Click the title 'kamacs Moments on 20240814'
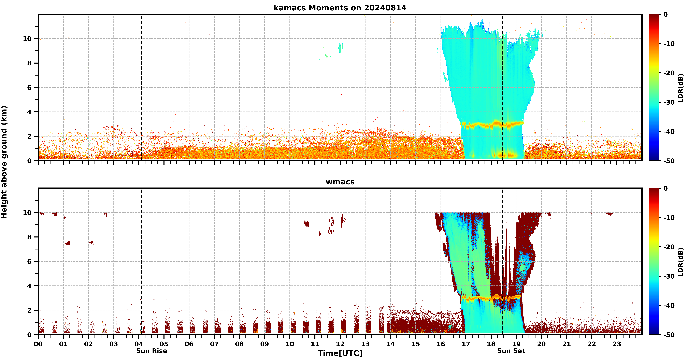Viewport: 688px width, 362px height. (x=340, y=8)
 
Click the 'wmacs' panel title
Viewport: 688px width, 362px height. (x=340, y=182)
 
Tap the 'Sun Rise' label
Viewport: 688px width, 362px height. (x=151, y=351)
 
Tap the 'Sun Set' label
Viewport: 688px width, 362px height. (x=511, y=351)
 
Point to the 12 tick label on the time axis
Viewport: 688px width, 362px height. (x=340, y=344)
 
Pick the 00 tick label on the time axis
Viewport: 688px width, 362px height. (x=38, y=344)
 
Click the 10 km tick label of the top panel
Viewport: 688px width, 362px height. (x=27, y=39)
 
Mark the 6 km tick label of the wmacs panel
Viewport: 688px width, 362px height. (x=29, y=261)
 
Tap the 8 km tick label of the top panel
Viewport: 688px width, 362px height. (x=29, y=63)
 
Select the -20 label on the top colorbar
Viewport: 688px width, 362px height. (x=669, y=73)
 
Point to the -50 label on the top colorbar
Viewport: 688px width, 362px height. (x=669, y=161)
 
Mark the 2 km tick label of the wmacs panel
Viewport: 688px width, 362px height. (x=29, y=310)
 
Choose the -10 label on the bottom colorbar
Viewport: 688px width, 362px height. (x=669, y=218)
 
